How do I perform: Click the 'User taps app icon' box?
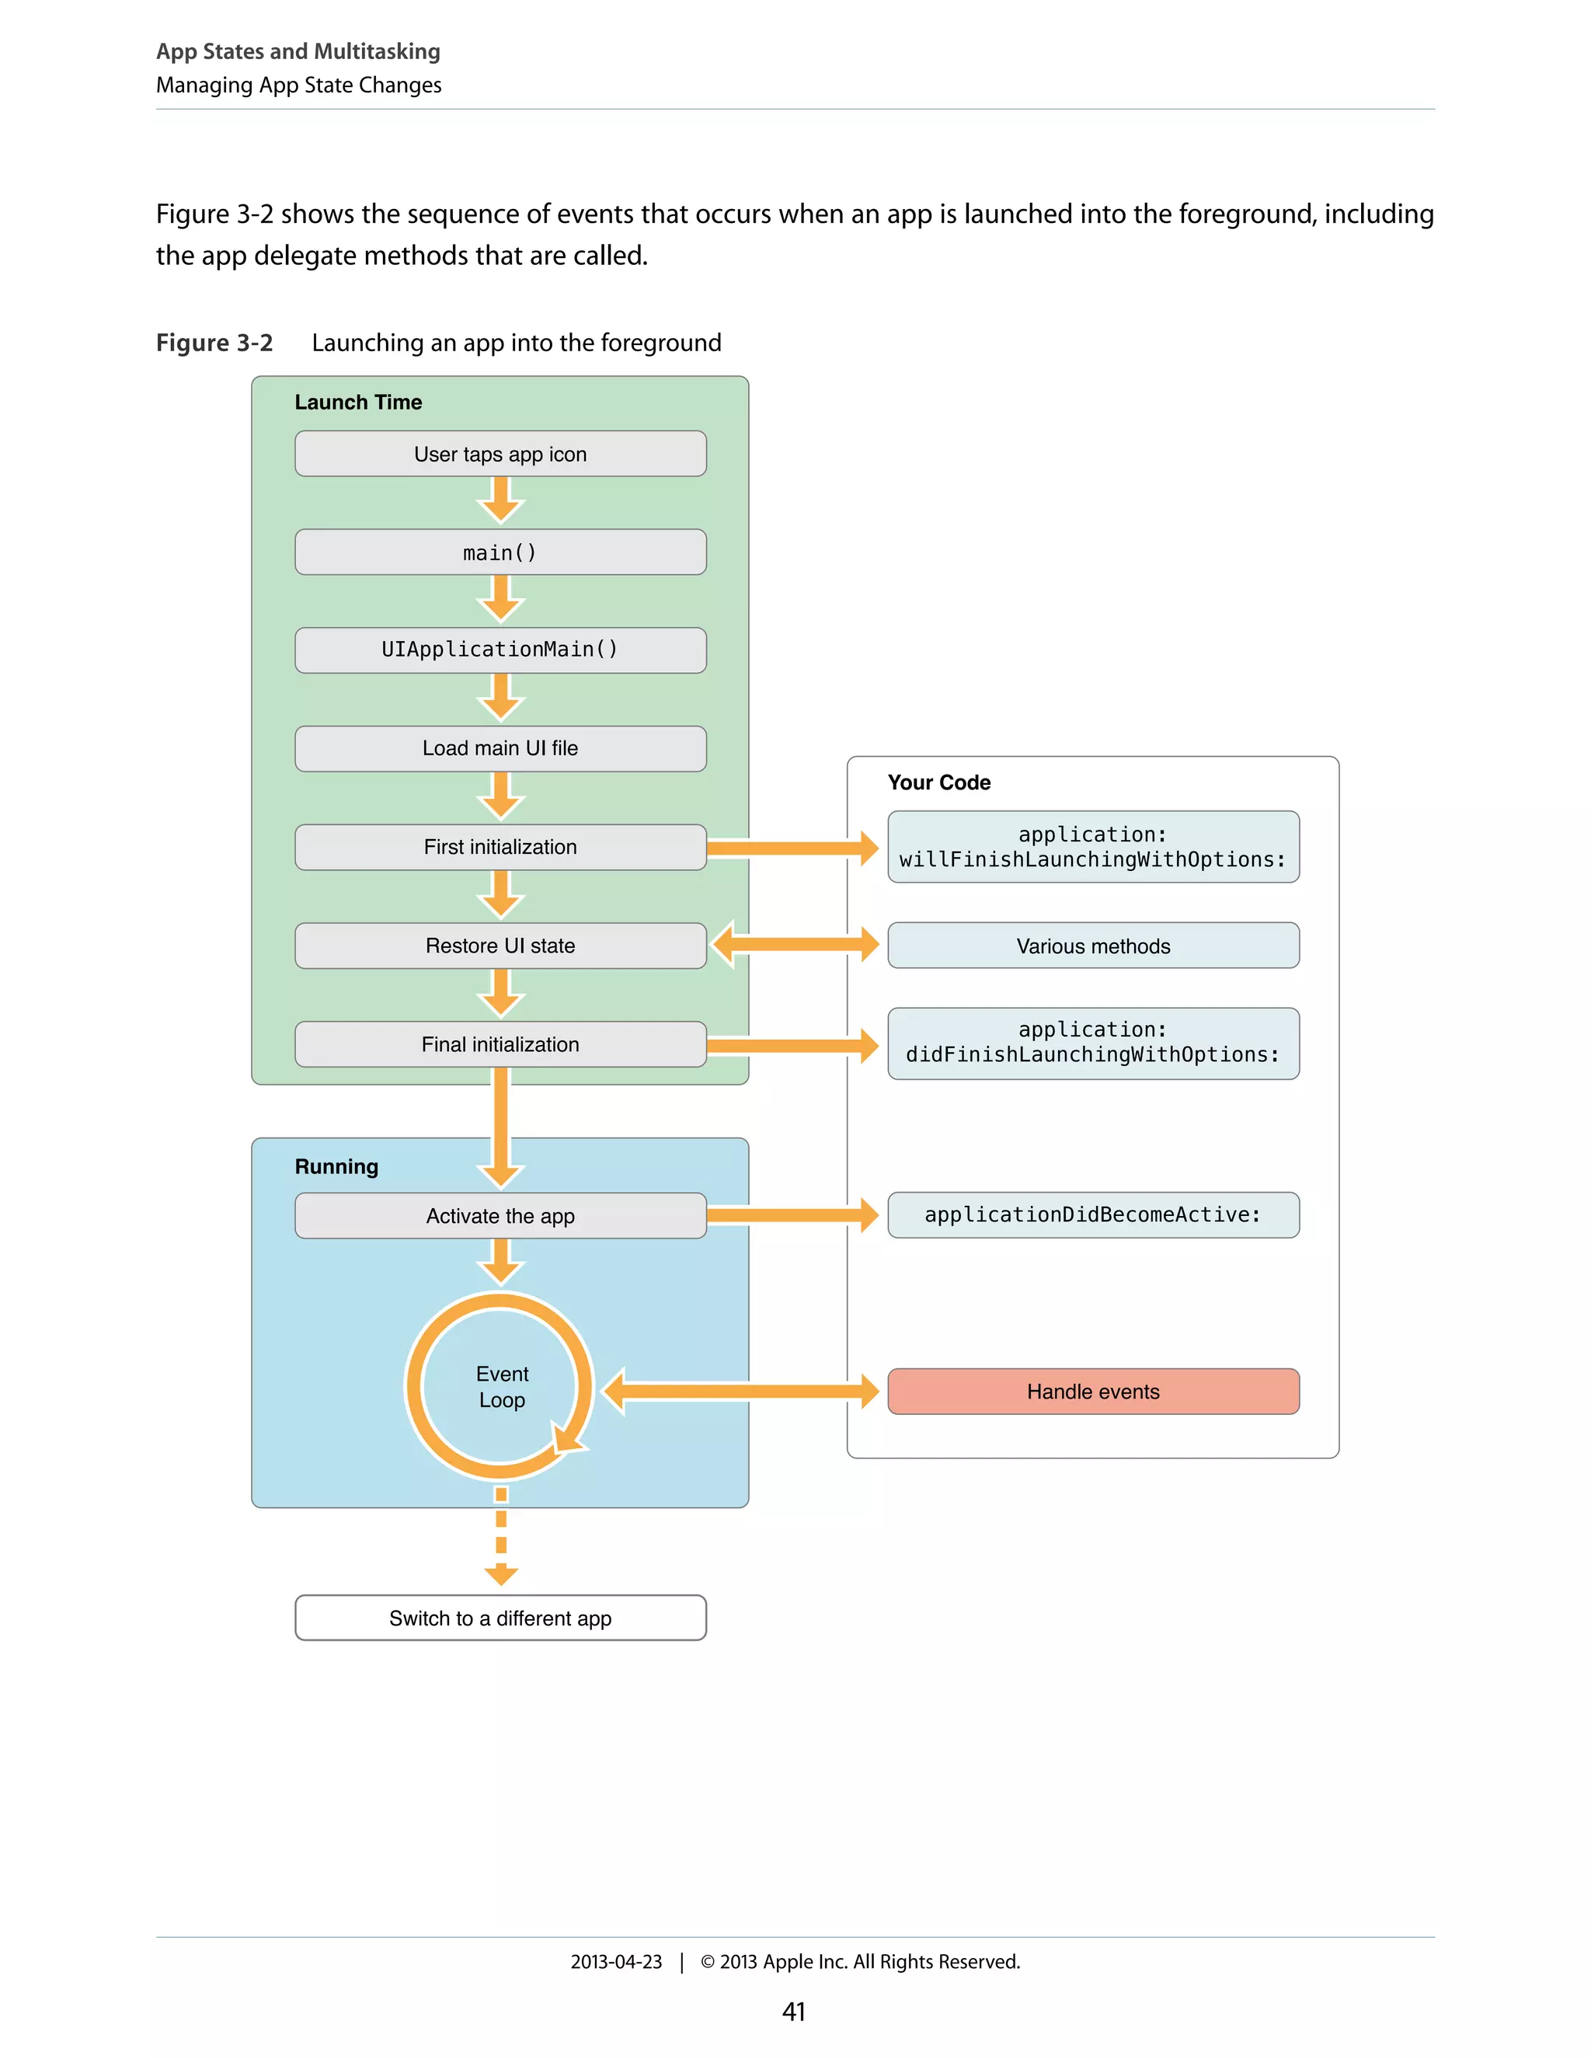(500, 455)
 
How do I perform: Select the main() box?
(500, 552)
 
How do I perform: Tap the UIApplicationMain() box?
(500, 650)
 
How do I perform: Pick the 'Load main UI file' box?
(500, 748)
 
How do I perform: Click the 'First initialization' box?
(500, 848)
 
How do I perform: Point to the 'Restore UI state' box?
(500, 946)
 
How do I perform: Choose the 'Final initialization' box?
(500, 1044)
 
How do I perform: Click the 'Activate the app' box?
(500, 1216)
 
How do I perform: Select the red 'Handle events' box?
(1093, 1392)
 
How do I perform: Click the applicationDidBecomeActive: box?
(1093, 1215)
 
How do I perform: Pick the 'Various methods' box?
(1093, 946)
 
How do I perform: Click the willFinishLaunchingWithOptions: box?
(1093, 848)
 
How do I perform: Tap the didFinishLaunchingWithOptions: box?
(1093, 1043)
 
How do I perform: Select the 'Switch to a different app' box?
(500, 1618)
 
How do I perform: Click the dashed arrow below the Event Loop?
(501, 1537)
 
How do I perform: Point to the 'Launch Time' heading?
(358, 402)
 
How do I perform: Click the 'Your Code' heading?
(938, 782)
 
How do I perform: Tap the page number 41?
(794, 2012)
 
